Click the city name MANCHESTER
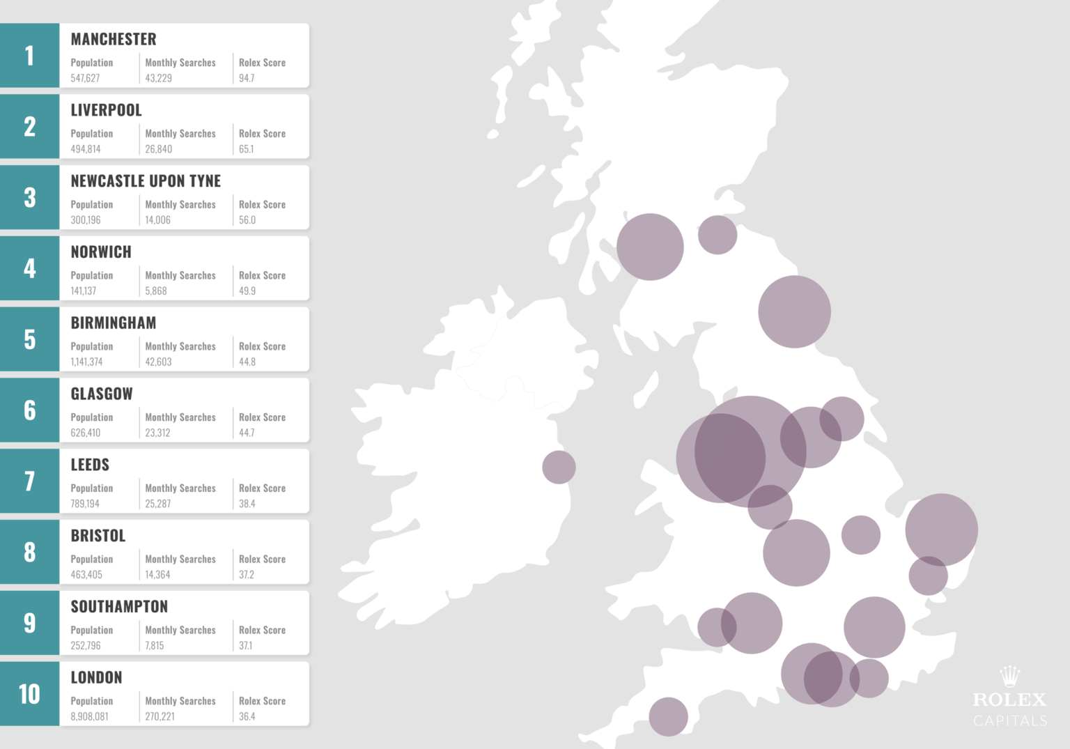(x=114, y=40)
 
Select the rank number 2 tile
(x=29, y=127)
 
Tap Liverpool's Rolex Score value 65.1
(x=247, y=149)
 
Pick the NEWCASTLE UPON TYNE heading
(x=146, y=181)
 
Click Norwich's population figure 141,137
(x=84, y=291)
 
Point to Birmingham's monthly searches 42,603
(x=158, y=362)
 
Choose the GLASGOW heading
(x=102, y=394)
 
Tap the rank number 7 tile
(x=29, y=481)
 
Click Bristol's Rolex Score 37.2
(x=247, y=575)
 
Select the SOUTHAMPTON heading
(x=119, y=607)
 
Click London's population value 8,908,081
(x=89, y=717)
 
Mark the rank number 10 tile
(x=29, y=694)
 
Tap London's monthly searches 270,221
(x=160, y=717)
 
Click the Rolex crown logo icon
(x=1009, y=676)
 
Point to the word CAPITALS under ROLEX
(x=1010, y=720)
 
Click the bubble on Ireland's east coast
(x=559, y=467)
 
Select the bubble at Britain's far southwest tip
(x=668, y=716)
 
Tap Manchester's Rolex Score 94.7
(x=247, y=78)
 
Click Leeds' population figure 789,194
(x=85, y=504)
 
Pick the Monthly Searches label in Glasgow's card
(x=180, y=417)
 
